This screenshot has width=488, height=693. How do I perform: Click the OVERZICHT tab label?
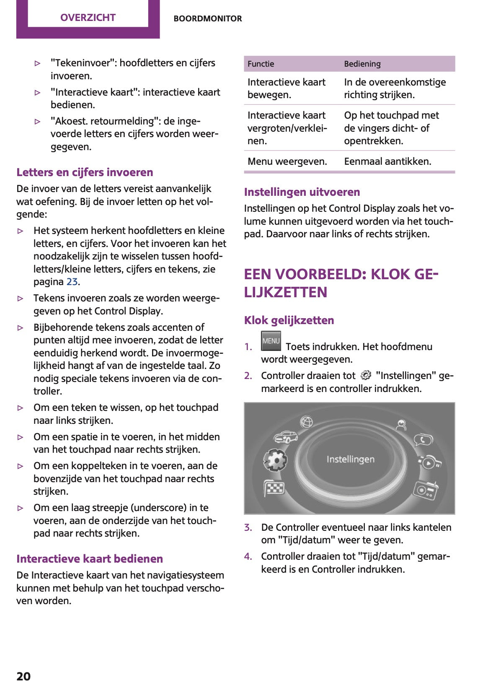[x=88, y=18]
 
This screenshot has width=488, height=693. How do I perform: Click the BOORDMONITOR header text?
[x=208, y=18]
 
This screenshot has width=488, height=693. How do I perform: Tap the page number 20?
[x=23, y=676]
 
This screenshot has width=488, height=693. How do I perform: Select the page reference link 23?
[x=72, y=282]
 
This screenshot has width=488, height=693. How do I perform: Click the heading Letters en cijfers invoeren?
[x=85, y=172]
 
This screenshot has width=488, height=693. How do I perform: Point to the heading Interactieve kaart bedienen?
[x=90, y=559]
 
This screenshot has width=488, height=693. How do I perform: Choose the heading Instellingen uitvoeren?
[x=302, y=192]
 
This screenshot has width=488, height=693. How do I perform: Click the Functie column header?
[x=261, y=64]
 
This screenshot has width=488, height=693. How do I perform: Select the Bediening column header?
[x=362, y=64]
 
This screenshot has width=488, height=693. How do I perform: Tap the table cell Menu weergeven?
[x=287, y=161]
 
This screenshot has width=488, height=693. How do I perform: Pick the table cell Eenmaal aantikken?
[x=387, y=161]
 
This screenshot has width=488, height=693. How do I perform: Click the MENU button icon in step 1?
[x=271, y=341]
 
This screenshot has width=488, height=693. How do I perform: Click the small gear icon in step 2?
[x=366, y=375]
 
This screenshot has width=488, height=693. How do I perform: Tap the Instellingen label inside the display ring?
[x=351, y=459]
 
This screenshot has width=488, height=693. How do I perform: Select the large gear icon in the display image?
[x=275, y=460]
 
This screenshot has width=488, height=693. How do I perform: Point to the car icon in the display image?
[x=285, y=437]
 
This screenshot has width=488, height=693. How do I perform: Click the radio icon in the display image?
[x=426, y=490]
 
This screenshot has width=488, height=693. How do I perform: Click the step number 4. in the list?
[x=248, y=556]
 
